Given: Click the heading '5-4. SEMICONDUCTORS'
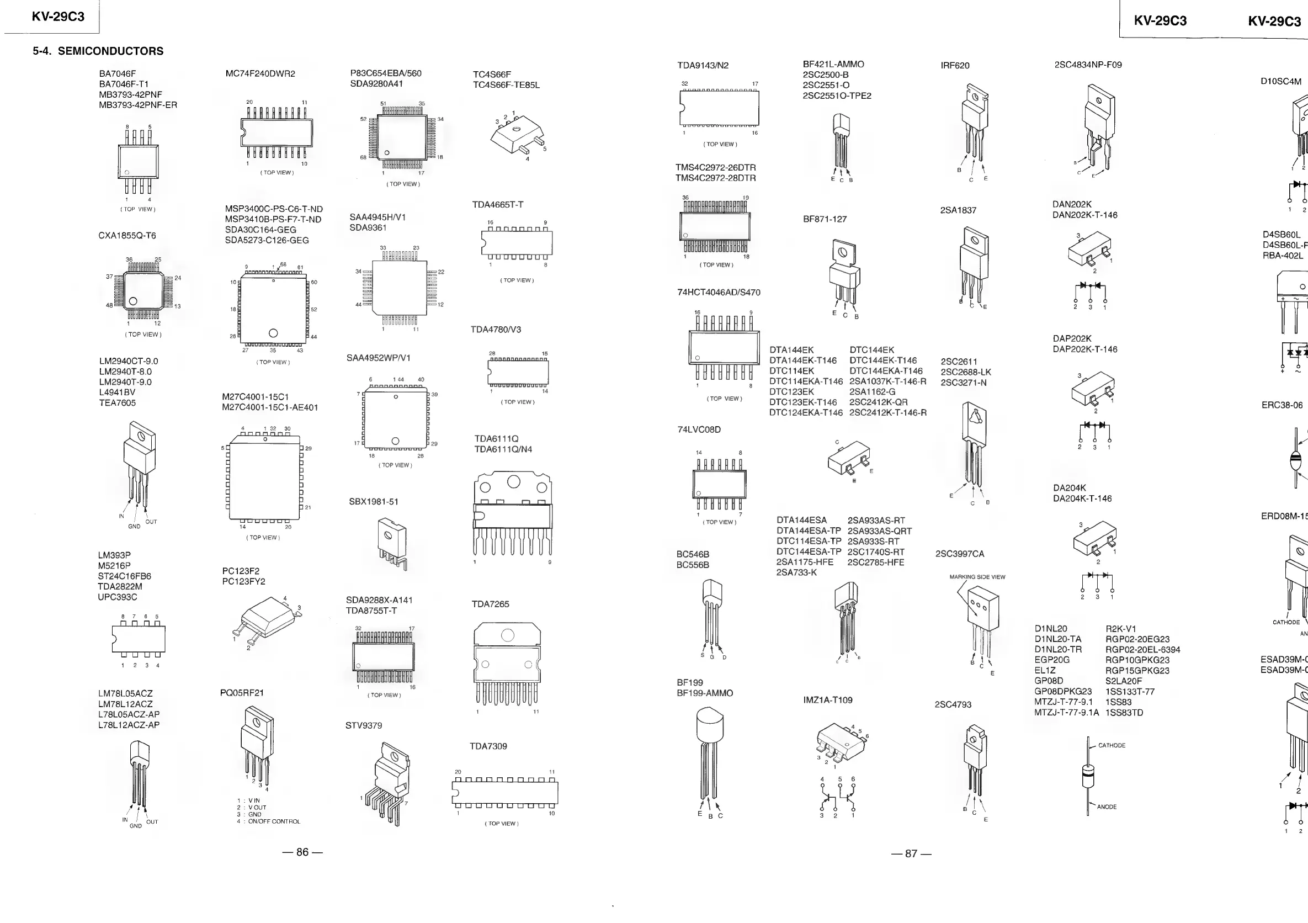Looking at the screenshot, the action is [x=98, y=51].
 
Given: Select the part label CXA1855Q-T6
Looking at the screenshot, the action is [x=127, y=236].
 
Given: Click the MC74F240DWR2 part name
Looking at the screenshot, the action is [x=260, y=73].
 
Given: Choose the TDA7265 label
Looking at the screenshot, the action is [x=490, y=604].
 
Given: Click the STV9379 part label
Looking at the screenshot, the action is [x=364, y=725].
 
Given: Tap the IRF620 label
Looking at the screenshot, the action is [x=955, y=66].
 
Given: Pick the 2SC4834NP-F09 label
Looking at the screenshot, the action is [x=1088, y=65].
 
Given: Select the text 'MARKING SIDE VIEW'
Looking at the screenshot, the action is [x=977, y=576].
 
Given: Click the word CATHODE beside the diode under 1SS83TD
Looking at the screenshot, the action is [x=1112, y=745].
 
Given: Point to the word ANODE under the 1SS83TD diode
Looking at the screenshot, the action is [x=1107, y=807].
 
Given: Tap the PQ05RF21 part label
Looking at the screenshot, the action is [x=242, y=693].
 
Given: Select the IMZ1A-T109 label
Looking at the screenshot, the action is [x=828, y=699].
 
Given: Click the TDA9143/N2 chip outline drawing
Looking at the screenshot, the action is [x=719, y=108].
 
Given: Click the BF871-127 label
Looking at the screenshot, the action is [x=825, y=219].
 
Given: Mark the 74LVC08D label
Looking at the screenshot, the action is [x=699, y=429].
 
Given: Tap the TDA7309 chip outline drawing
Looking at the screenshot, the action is [x=505, y=793].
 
